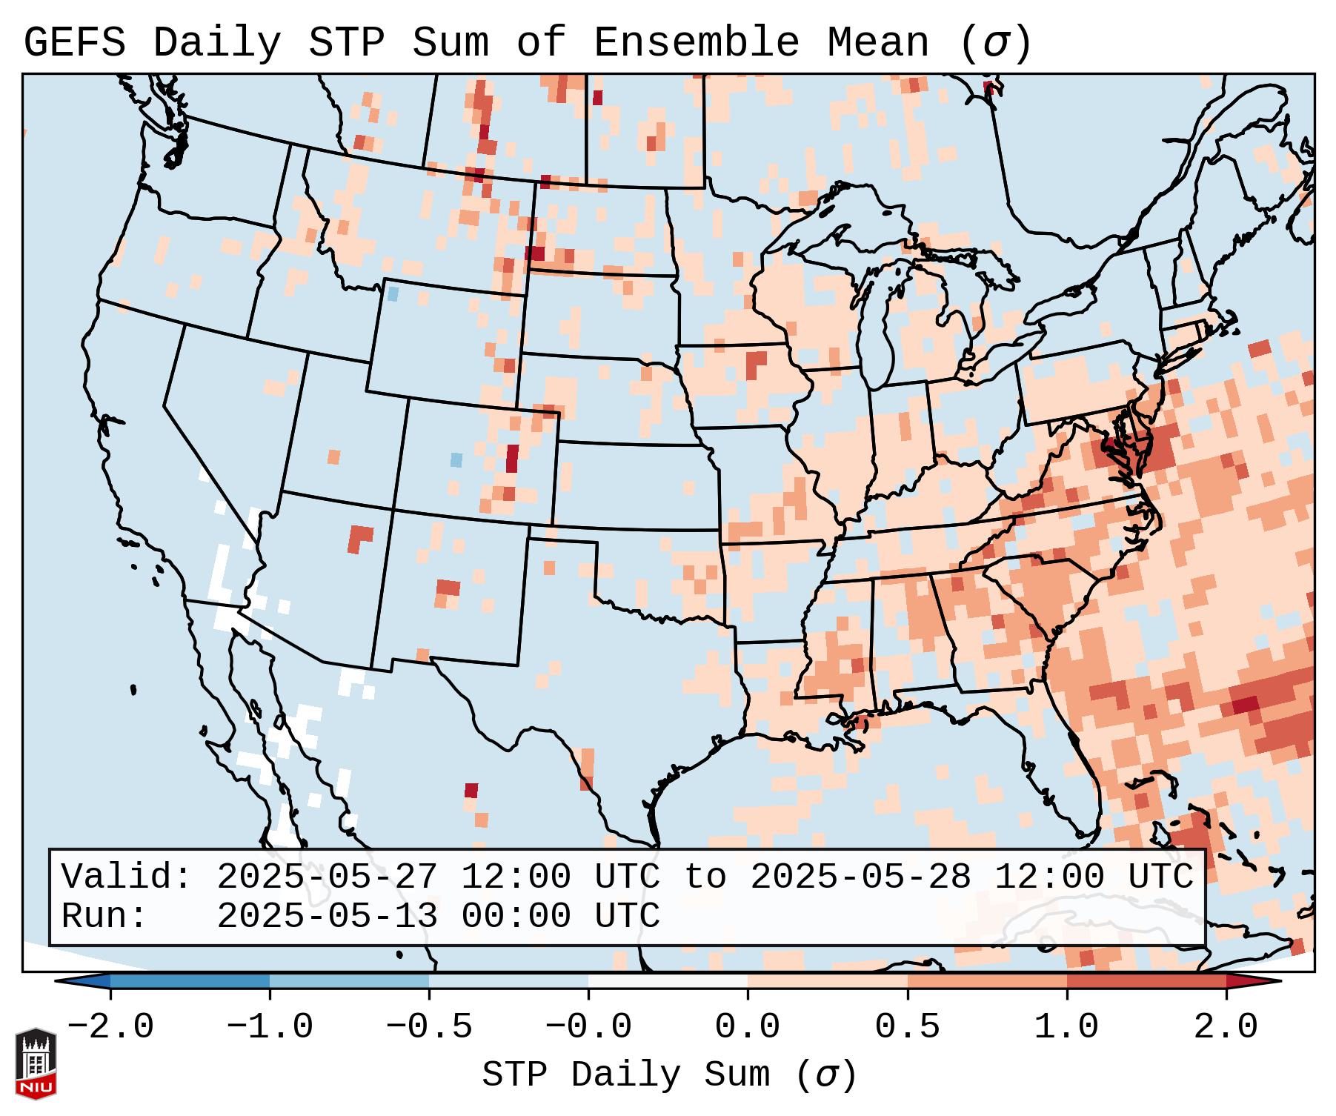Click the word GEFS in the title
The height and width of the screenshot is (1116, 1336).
75,43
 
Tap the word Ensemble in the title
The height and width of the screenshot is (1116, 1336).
697,43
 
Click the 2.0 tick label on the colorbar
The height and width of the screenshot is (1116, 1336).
1226,1027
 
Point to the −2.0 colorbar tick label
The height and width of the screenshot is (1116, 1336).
110,1027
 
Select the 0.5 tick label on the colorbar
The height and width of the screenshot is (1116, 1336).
908,1027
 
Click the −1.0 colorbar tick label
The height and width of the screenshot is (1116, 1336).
270,1027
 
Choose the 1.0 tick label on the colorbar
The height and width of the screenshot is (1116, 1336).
1067,1027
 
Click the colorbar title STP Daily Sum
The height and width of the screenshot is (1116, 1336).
626,1075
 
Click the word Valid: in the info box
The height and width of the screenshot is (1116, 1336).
127,877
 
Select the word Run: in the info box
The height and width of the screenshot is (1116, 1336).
104,917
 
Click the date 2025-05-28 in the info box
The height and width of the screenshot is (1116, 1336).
860,877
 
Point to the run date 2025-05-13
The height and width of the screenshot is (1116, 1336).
327,917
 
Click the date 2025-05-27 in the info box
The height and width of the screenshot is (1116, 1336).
327,877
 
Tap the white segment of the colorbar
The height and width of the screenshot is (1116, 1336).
668,981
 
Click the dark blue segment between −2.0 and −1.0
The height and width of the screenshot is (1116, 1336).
190,981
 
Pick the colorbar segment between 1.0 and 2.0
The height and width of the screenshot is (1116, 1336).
1146,981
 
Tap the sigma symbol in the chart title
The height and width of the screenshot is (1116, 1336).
995,43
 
